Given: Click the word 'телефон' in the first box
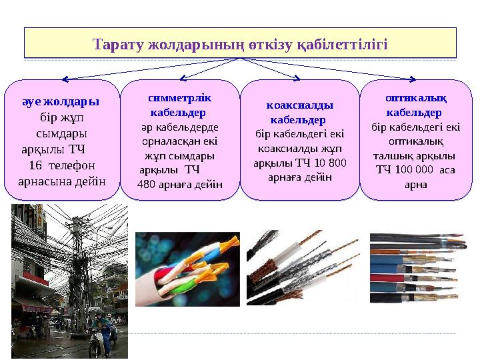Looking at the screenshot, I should [x=74, y=165].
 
